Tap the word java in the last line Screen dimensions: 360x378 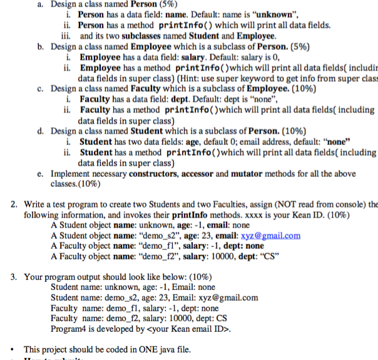(x=166, y=349)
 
